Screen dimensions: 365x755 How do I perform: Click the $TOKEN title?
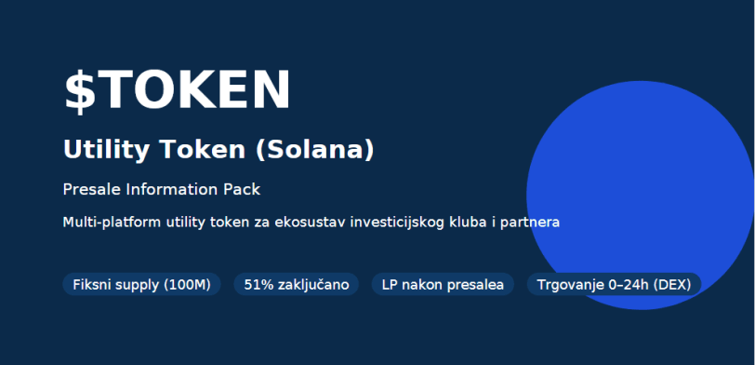[x=177, y=90]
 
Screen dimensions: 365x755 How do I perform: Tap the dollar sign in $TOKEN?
[x=79, y=90]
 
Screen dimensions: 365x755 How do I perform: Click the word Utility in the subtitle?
[x=96, y=149]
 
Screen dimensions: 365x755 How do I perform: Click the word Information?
[x=168, y=189]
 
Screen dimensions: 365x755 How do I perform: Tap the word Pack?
[x=241, y=189]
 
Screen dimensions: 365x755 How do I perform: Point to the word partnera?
[x=531, y=223]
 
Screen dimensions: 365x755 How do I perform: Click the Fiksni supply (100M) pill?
[x=141, y=284]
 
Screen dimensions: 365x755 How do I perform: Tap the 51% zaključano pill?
[x=296, y=284]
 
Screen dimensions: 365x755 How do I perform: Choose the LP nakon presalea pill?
[x=443, y=284]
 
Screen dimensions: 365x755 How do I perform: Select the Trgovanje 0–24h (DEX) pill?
[x=614, y=284]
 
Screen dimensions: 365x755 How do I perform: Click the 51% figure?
[x=257, y=284]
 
